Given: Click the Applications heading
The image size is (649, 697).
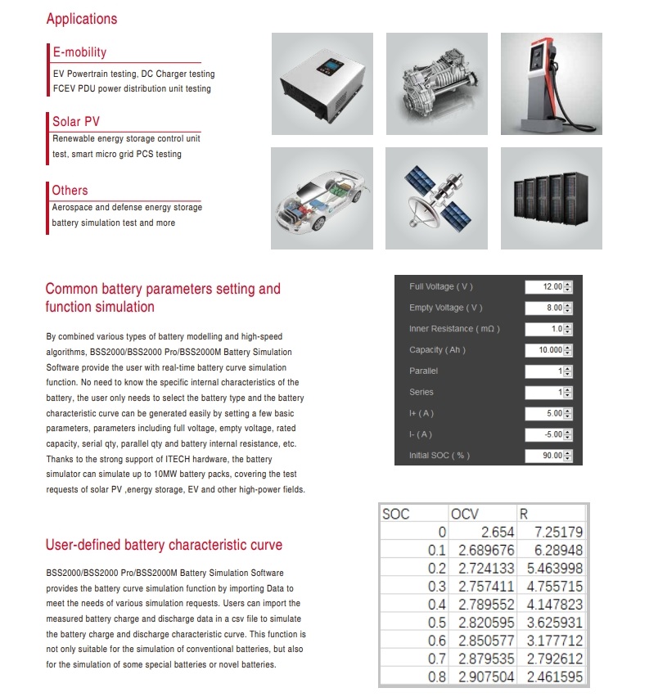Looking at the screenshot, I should (x=81, y=19).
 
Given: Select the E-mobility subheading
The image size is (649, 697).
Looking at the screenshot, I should (x=79, y=52).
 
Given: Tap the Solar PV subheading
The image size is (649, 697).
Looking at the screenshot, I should (x=76, y=122).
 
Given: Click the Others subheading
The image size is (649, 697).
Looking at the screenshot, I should (x=70, y=191).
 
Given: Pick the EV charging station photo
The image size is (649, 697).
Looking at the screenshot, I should (x=551, y=83).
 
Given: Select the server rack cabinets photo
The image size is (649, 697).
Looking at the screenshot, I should (x=551, y=198).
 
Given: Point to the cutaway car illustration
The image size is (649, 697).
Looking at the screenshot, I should (x=322, y=198).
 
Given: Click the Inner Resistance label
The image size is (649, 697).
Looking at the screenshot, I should (x=454, y=329).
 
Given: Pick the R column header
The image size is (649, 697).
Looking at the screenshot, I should (x=525, y=515).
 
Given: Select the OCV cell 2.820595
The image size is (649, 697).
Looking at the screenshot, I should (x=486, y=623).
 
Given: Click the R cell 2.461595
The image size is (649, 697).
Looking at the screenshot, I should (x=554, y=677).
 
